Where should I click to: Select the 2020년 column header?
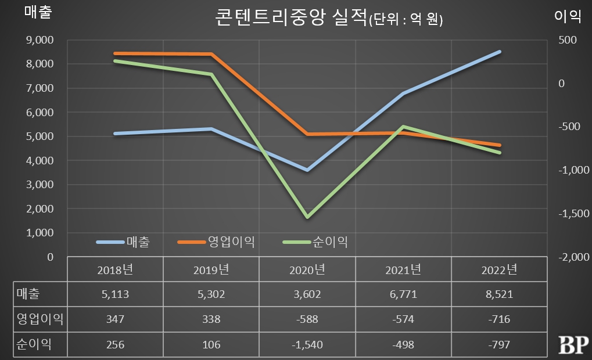[x=307, y=269]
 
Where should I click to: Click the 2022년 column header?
[x=500, y=269]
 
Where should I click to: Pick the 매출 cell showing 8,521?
[x=500, y=294]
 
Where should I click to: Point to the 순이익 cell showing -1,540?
[x=307, y=344]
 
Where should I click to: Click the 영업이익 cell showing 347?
[x=115, y=319]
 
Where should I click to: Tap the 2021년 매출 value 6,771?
[x=403, y=294]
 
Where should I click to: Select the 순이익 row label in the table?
[x=34, y=344]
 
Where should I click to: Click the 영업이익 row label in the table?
[x=39, y=319]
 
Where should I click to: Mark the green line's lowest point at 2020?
[x=307, y=218]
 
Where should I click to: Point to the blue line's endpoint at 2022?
[x=500, y=52]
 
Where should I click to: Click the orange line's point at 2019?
[x=211, y=55]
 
